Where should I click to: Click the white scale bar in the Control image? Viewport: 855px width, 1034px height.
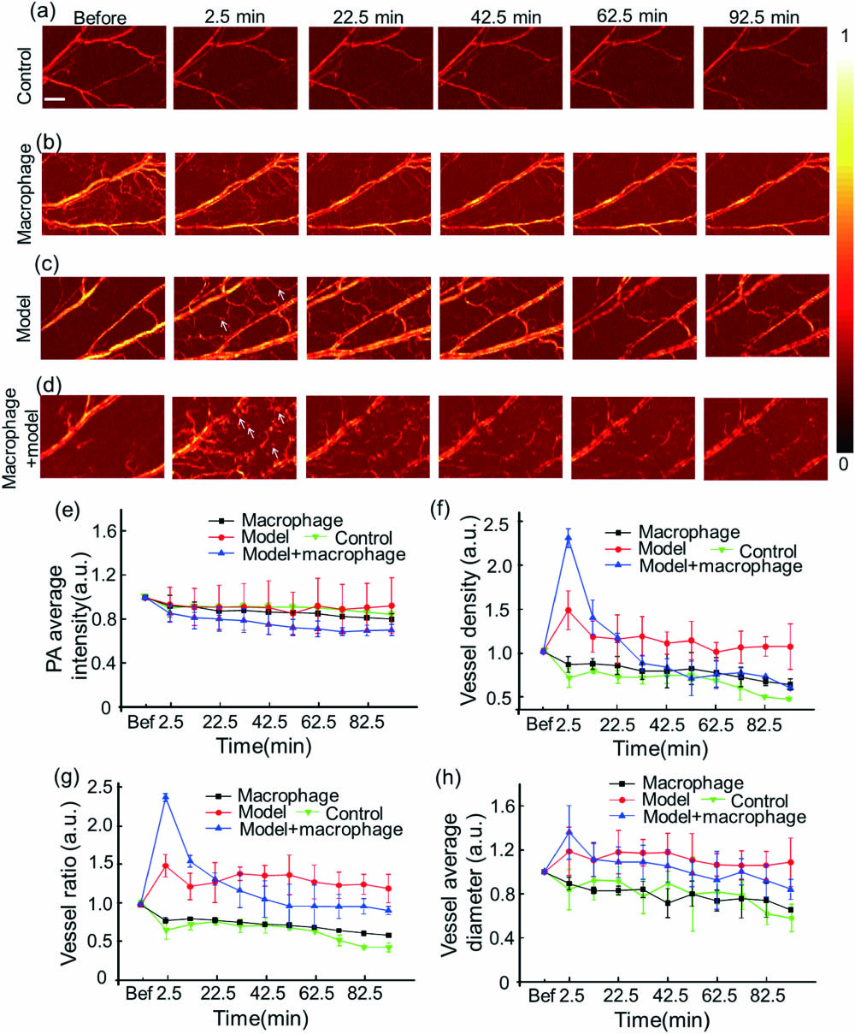pos(55,100)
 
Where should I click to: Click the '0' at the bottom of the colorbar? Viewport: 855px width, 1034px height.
pos(845,464)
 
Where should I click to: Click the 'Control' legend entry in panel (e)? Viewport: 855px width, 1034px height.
pos(363,538)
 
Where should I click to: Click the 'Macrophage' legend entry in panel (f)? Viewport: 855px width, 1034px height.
pos(675,531)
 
